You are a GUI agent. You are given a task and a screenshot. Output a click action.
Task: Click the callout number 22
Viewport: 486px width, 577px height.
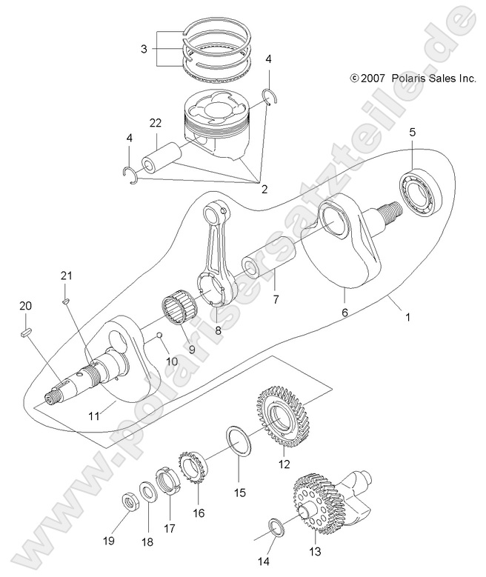coord(156,124)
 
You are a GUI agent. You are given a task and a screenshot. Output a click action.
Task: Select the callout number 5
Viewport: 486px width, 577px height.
coord(413,131)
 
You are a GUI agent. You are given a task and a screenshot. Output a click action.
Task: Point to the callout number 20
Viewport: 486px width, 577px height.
coord(25,307)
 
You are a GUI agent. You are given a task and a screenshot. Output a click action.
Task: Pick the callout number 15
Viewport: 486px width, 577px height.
coord(239,492)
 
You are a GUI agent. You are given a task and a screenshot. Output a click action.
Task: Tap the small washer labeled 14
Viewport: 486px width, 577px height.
coord(276,527)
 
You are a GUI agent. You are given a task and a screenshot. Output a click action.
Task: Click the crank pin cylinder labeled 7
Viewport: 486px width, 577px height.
coord(264,267)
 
